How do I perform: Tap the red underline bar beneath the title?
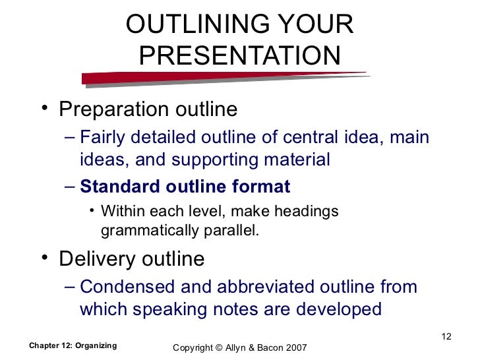pos(224,78)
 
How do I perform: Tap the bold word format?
pos(261,187)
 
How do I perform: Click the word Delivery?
pos(96,259)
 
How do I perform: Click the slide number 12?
pos(446,338)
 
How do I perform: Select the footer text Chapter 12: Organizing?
pos(73,345)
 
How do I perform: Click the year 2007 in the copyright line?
pos(295,347)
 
